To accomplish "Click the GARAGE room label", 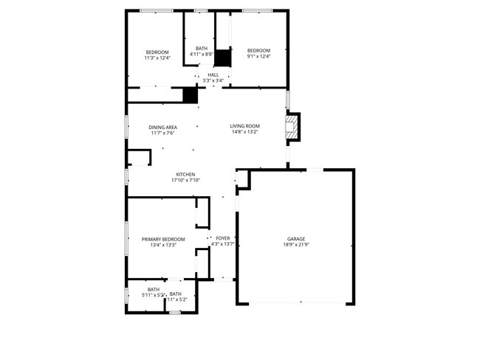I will point(296,238).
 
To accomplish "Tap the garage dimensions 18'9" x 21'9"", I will point(296,244).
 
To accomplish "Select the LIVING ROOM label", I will point(244,126).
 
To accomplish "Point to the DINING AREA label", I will point(162,127).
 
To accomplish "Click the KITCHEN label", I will point(185,174).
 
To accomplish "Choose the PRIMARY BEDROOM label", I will point(163,239).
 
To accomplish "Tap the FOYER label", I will point(222,238).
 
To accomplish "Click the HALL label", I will point(213,75).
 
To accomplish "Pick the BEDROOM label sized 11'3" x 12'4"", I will point(157,51).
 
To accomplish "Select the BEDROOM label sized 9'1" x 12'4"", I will point(258,50).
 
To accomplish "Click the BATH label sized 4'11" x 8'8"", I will point(202,48).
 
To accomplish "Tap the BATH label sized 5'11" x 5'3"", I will point(154,289).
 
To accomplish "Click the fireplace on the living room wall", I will point(294,126).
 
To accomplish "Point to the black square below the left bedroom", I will point(191,95).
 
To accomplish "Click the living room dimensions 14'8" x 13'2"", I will point(244,133).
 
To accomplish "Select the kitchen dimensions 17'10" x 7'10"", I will point(185,180).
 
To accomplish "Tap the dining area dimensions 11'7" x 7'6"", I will point(162,133).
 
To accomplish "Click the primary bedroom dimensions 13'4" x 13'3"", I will point(163,245).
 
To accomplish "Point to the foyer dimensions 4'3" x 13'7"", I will point(222,244).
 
